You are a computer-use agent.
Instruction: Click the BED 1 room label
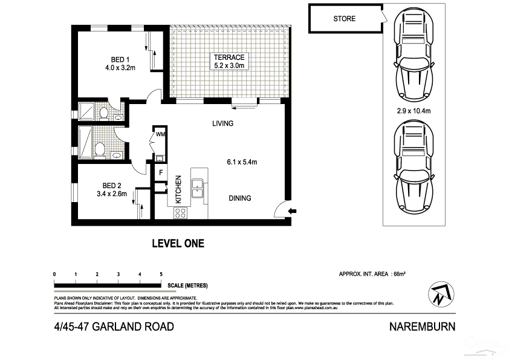pos(118,59)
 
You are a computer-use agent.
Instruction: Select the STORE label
pos(345,19)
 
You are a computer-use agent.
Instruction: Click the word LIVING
pos(222,123)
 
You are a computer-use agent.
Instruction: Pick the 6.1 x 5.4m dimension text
pos(242,162)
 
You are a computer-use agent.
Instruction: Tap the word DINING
pos(240,198)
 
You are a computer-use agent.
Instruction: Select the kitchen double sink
pos(198,188)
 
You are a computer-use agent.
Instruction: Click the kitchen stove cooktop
pos(180,212)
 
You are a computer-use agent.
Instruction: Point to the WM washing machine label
pos(161,134)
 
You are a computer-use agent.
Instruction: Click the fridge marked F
pos(161,172)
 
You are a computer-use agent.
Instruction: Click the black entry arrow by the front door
pos(293,211)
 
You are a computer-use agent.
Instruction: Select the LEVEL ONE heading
pos(177,244)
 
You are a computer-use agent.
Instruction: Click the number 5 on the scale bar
pos(161,274)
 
